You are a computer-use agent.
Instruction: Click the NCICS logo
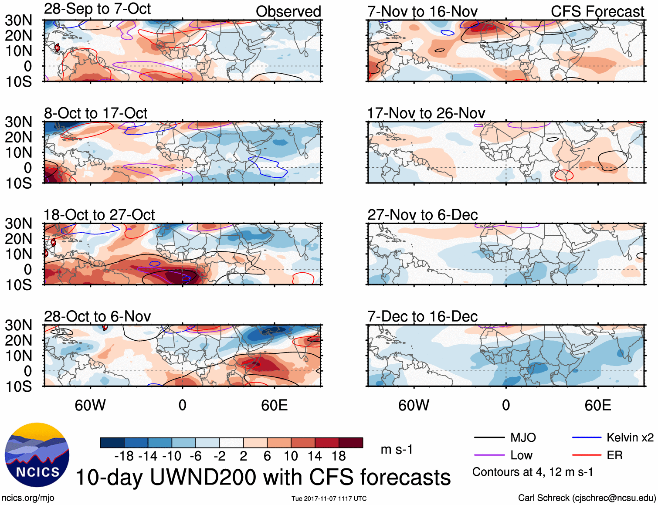click(x=37, y=455)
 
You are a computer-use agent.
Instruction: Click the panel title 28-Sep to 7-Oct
click(x=97, y=9)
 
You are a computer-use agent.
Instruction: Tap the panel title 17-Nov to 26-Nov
click(x=426, y=113)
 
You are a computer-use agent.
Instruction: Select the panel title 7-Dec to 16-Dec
click(x=422, y=316)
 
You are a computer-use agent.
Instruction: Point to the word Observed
click(x=288, y=12)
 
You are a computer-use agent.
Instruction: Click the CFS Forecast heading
click(x=597, y=12)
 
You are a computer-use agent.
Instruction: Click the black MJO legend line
click(x=489, y=437)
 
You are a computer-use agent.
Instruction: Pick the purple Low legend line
click(x=489, y=455)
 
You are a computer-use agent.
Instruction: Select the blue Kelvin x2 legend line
click(x=587, y=437)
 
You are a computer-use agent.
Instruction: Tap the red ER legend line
click(x=587, y=455)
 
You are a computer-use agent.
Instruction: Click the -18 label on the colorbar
click(x=124, y=456)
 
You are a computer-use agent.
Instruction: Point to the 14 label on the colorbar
click(x=314, y=456)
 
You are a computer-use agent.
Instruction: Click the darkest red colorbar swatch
click(x=351, y=443)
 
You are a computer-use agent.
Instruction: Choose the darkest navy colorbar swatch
click(x=112, y=443)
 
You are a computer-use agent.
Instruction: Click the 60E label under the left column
click(x=274, y=406)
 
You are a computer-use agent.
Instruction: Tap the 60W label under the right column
click(x=414, y=406)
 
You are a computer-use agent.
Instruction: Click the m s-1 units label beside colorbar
click(x=397, y=449)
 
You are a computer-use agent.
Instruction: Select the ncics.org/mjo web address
click(x=28, y=498)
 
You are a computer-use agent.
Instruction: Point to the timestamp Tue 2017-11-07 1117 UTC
click(x=329, y=498)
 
